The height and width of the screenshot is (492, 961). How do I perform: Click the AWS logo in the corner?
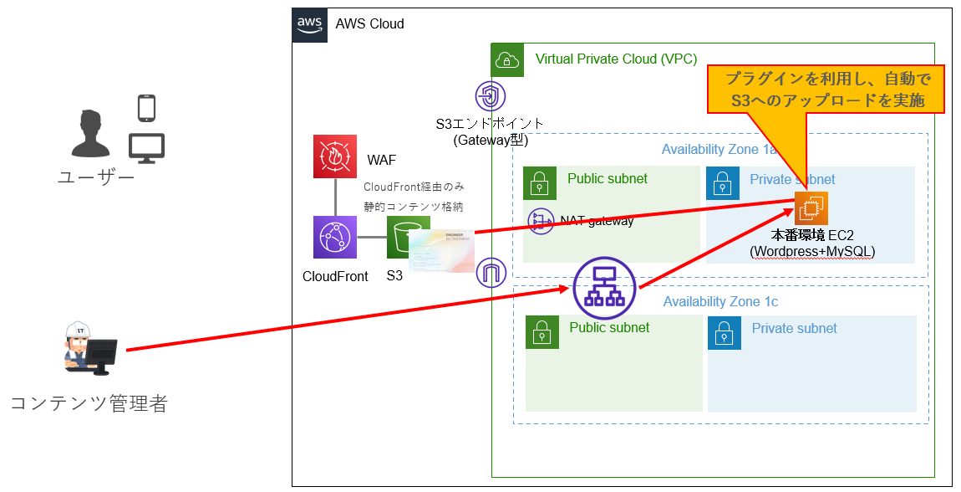point(310,24)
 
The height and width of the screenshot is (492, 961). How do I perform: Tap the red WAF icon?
point(334,156)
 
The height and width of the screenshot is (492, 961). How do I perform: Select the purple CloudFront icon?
point(334,237)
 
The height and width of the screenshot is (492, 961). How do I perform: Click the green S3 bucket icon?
point(403,236)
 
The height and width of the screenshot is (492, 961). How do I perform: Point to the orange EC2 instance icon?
point(811,208)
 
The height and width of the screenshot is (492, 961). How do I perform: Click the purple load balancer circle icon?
point(604,289)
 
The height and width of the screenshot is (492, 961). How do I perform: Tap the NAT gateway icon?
point(542,222)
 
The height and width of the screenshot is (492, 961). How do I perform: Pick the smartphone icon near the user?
point(147,109)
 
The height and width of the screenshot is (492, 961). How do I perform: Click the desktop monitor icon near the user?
point(146,148)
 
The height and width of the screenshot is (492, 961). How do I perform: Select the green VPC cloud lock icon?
point(507,60)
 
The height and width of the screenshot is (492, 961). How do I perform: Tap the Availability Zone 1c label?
point(720,301)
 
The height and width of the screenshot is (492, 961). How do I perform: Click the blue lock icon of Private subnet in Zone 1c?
point(724,332)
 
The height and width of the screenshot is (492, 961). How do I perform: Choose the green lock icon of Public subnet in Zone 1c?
point(542,332)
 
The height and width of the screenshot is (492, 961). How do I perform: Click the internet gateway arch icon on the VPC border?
point(491,273)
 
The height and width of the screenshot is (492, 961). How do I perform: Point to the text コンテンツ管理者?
point(89,403)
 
